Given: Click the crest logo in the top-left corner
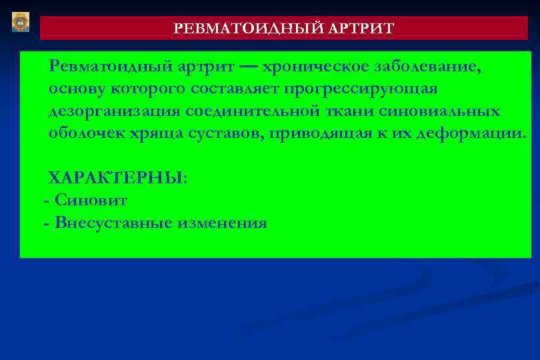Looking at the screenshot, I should point(21,22).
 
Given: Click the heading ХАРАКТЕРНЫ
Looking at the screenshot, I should point(117,178).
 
